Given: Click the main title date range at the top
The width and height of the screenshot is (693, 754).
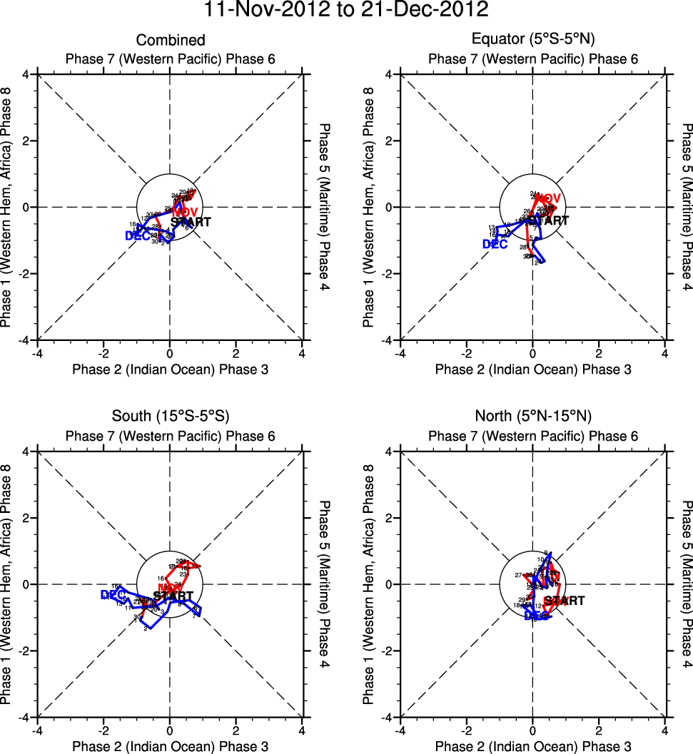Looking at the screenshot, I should [x=346, y=10].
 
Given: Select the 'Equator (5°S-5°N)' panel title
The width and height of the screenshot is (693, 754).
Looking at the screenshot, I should [x=532, y=40].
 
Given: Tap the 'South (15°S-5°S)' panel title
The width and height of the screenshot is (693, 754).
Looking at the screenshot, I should [x=170, y=417].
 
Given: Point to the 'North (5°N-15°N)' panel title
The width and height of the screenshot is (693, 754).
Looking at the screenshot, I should [x=532, y=417].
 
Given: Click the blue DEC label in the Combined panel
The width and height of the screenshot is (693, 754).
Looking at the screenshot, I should [x=137, y=235].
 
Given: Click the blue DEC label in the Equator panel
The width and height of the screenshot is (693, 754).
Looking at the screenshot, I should [x=495, y=244].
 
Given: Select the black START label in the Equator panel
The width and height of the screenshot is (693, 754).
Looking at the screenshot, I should [x=550, y=221].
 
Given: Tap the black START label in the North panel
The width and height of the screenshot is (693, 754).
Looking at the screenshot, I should [x=564, y=601].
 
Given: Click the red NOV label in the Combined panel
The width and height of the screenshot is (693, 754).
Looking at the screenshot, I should [x=185, y=213].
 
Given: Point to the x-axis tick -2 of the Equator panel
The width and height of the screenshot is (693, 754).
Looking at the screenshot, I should [x=466, y=352].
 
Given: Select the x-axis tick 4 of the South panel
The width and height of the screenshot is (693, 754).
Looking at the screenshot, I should [x=303, y=730].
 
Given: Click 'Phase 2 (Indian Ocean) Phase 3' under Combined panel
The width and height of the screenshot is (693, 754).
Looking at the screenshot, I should [x=170, y=369].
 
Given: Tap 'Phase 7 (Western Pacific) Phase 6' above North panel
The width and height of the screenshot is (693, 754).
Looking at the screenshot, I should [x=532, y=436].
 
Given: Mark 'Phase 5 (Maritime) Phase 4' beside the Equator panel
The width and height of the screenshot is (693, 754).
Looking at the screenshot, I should [x=686, y=207].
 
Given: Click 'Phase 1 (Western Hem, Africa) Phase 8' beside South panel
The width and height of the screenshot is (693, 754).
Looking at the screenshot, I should [x=8, y=584].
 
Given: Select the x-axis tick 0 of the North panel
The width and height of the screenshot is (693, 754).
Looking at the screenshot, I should [x=532, y=730].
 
